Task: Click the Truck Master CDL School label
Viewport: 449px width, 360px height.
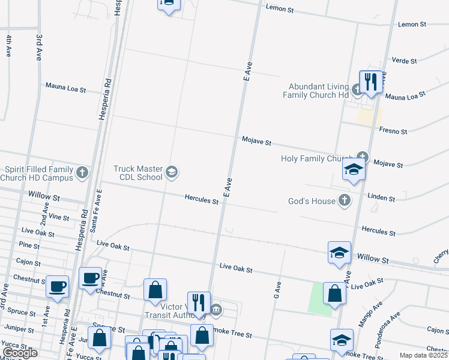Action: [x=138, y=173]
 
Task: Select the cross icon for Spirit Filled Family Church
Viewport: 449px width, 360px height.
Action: [x=83, y=173]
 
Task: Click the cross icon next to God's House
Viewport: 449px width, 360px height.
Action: [x=345, y=200]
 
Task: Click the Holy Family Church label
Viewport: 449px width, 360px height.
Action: [x=318, y=159]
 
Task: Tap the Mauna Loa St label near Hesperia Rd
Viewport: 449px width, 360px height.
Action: [x=65, y=88]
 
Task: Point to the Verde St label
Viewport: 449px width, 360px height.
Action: [x=403, y=61]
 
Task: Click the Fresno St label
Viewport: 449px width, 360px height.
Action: [x=393, y=130]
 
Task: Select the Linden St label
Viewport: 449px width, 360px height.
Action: [x=382, y=197]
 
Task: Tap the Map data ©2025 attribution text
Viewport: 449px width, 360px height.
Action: [x=424, y=355]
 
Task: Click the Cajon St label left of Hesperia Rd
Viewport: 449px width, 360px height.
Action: [x=28, y=263]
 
